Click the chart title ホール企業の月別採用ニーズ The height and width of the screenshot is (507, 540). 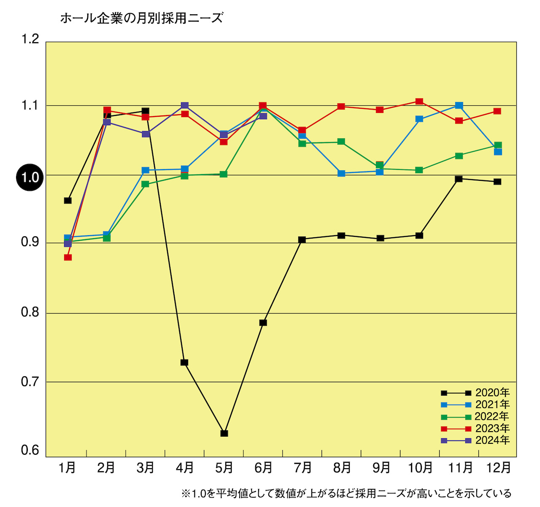click(141, 18)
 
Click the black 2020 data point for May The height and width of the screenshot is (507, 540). click(224, 433)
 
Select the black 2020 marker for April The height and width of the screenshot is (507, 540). click(184, 362)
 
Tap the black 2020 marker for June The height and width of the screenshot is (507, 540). click(263, 323)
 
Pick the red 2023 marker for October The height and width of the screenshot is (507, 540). click(419, 102)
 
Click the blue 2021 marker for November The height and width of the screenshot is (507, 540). click(459, 105)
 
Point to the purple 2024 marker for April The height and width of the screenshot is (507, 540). click(185, 106)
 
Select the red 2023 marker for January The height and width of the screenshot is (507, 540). click(68, 257)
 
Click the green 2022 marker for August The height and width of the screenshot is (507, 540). click(341, 142)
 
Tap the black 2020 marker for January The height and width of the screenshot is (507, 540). click(68, 201)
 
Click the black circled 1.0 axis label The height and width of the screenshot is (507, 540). click(30, 177)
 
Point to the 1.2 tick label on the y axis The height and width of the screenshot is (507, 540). click(30, 39)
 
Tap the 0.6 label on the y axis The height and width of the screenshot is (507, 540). click(30, 451)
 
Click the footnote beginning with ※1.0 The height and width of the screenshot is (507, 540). click(346, 493)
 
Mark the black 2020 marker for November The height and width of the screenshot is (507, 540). click(459, 179)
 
